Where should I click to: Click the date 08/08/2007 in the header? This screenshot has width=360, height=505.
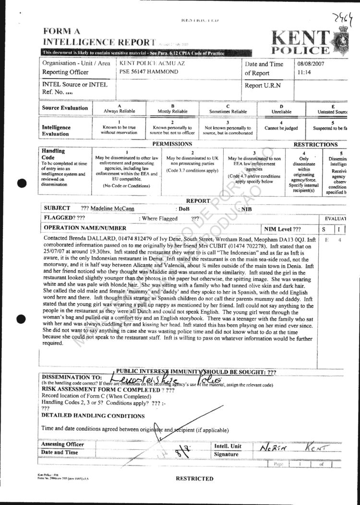coord(312,63)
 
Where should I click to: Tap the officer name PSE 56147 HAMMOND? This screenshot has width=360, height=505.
coord(148,72)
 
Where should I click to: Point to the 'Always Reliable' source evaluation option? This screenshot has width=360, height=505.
coord(120,109)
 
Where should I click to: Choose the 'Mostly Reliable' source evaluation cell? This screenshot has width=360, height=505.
coord(173,109)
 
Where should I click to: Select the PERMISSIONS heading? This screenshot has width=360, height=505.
coord(172,144)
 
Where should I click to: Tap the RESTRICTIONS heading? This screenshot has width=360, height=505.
coord(315,144)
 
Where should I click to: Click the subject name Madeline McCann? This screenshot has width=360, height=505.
coord(114,209)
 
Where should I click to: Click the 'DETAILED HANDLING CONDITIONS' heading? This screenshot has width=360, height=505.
coord(93,416)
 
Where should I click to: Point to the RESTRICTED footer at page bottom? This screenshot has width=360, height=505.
coord(194,479)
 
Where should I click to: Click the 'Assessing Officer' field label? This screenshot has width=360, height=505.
coord(62,445)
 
